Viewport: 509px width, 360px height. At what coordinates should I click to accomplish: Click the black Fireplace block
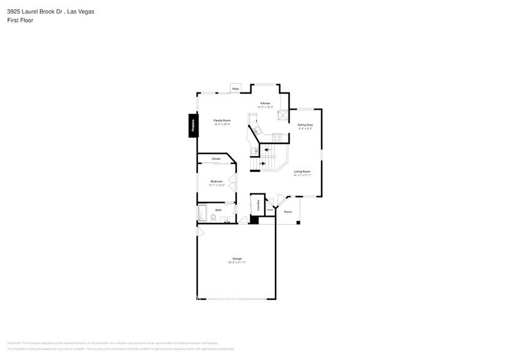tap(193, 126)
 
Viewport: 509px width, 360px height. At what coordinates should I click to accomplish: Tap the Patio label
tap(235, 89)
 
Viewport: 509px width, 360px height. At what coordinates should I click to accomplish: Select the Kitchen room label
tap(265, 103)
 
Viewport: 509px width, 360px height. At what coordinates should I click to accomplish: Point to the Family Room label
tap(222, 121)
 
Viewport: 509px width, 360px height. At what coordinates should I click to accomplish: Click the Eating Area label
tap(305, 125)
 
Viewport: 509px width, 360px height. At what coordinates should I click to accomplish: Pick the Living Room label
tap(302, 171)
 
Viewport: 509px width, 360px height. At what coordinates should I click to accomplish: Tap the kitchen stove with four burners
tap(277, 138)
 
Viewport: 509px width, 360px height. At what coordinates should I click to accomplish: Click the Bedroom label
tap(216, 181)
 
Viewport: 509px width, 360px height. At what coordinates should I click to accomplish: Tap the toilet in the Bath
tap(213, 218)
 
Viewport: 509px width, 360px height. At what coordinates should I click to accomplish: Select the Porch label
tap(287, 212)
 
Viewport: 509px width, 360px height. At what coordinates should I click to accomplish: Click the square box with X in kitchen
tap(283, 114)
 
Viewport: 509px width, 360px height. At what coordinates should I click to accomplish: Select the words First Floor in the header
tap(20, 20)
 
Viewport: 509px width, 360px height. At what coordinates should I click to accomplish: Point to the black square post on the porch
tap(298, 222)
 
